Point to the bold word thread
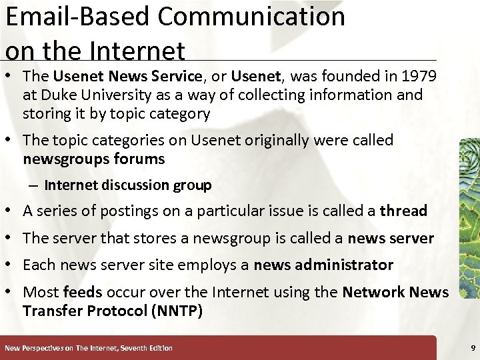click(403, 211)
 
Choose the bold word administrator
click(347, 265)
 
